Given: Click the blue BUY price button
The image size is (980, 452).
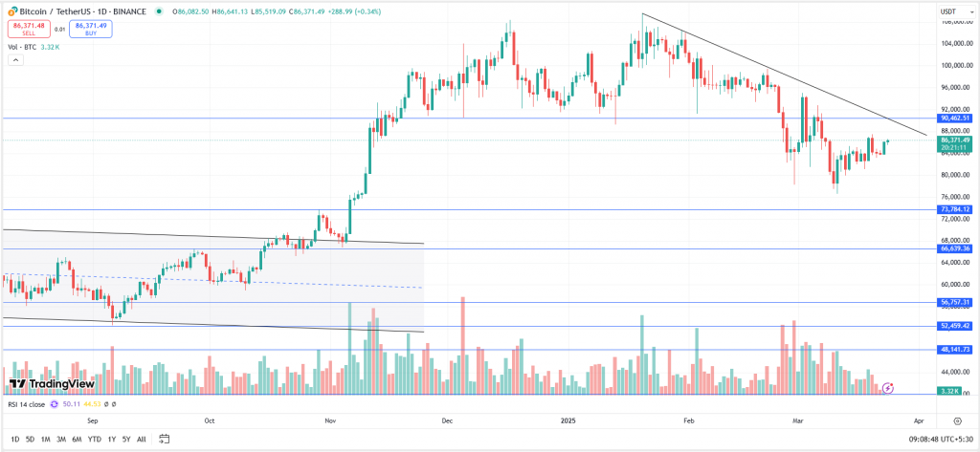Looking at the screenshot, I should tap(90, 29).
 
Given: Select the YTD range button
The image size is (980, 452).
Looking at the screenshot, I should tap(94, 439).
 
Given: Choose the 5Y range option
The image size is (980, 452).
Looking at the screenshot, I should tap(126, 439).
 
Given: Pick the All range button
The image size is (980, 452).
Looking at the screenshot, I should tap(142, 439).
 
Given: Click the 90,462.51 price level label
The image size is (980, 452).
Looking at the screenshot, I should tap(953, 118).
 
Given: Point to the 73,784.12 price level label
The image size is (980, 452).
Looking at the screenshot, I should tap(953, 209).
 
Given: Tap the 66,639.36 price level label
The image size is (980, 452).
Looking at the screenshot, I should tap(953, 248).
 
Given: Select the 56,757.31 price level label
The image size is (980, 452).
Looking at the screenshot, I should tap(953, 302).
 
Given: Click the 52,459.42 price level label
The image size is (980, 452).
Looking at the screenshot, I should tap(953, 326).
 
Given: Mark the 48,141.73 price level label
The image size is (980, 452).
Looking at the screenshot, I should tap(953, 350).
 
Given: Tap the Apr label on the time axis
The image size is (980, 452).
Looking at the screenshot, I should tap(919, 420).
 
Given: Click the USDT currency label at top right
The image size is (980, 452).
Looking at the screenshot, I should tap(949, 11).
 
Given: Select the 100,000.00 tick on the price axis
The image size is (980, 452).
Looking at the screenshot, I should tap(953, 65).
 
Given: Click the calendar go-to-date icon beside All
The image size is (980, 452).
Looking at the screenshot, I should tap(160, 439).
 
